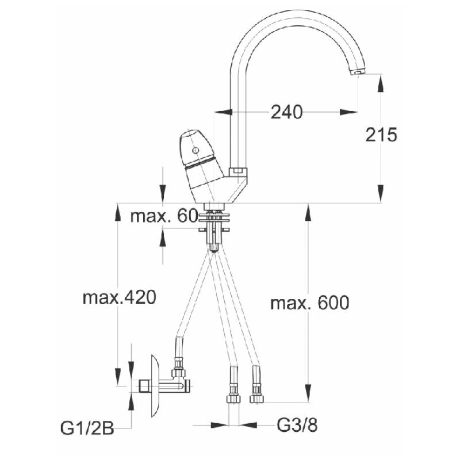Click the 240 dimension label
pos(286,112)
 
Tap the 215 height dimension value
pos(381,135)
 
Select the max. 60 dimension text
pos(163,216)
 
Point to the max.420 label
pos(119,297)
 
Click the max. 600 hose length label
pos(310,302)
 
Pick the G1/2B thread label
pos(87,428)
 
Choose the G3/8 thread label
pos(297,425)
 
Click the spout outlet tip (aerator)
pos(358,71)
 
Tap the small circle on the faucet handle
pos(195,151)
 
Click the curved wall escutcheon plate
pos(155,386)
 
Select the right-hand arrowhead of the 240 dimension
pos(349,112)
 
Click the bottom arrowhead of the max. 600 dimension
pos(308,393)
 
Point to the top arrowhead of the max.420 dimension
pos(118,212)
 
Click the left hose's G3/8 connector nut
pos(233,398)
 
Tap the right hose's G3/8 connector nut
pos(256,398)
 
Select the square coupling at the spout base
pos(237,171)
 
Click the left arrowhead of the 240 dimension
pos(224,112)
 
